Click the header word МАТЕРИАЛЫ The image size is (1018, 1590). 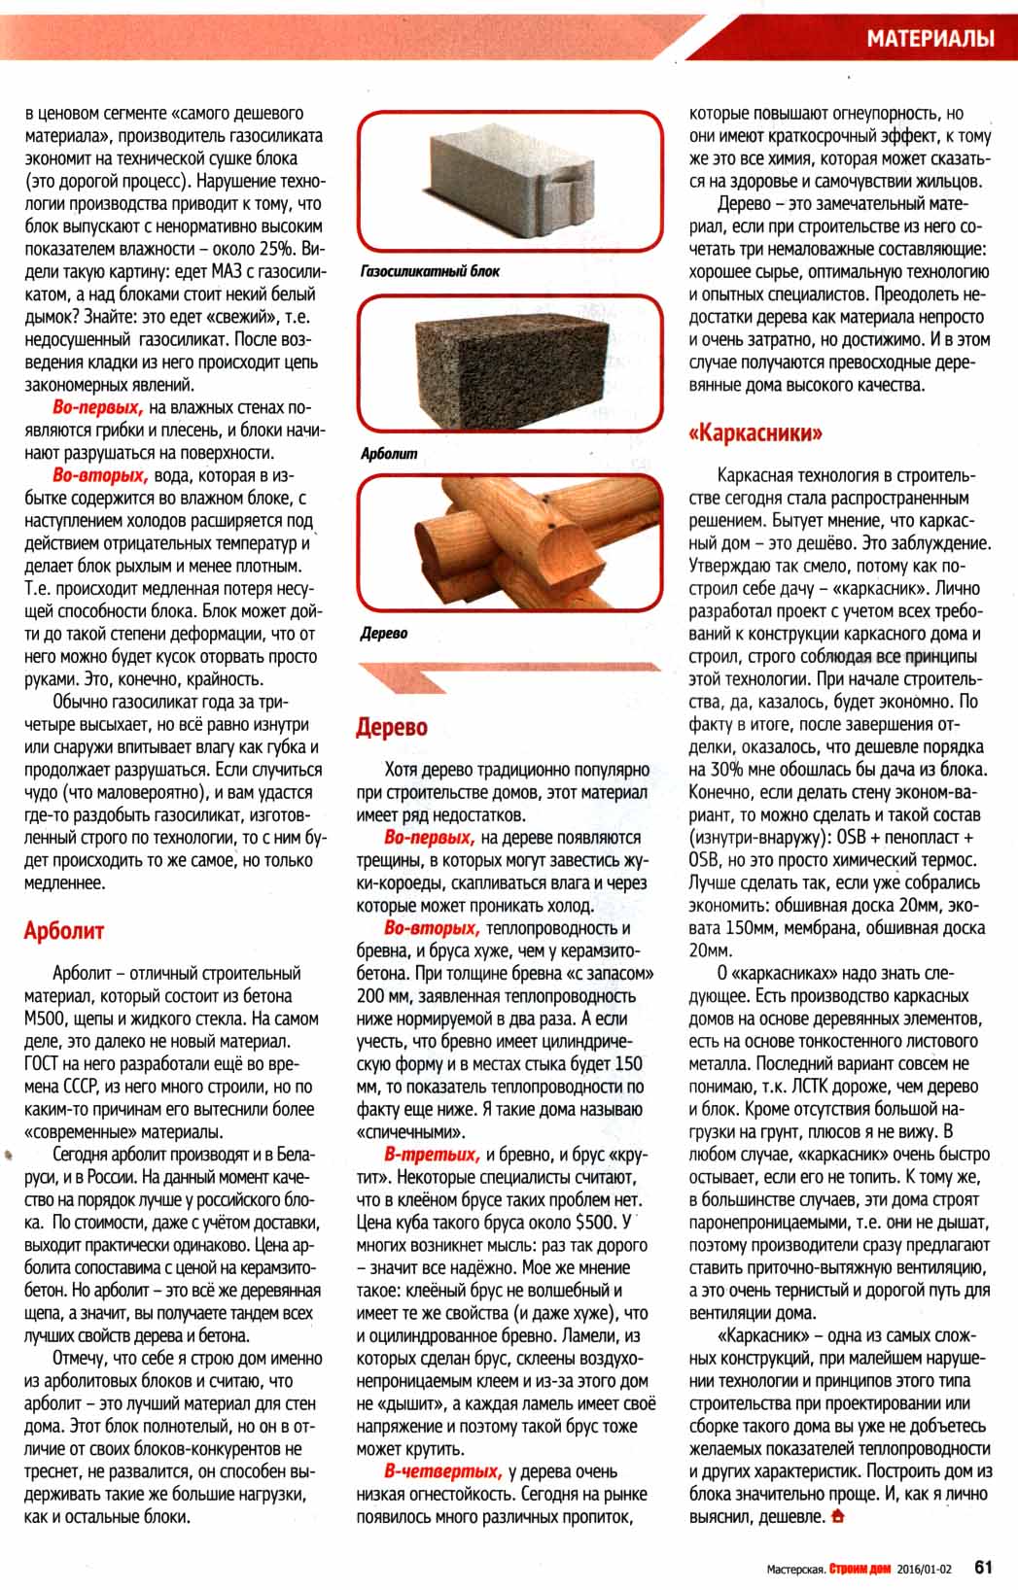coord(930,39)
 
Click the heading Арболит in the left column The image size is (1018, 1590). coord(63,930)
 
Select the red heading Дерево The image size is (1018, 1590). coord(391,727)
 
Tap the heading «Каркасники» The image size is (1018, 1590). coord(755,432)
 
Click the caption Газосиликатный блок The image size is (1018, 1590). coord(429,271)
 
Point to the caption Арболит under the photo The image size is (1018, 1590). coord(388,453)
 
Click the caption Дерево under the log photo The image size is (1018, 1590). coord(383,633)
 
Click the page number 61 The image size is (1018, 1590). coord(983,1566)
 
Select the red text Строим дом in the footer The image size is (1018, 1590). coord(860,1567)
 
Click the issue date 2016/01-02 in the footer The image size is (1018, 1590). coord(924,1567)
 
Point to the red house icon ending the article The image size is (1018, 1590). coord(838,1515)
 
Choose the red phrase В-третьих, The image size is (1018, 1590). coord(432,1155)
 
